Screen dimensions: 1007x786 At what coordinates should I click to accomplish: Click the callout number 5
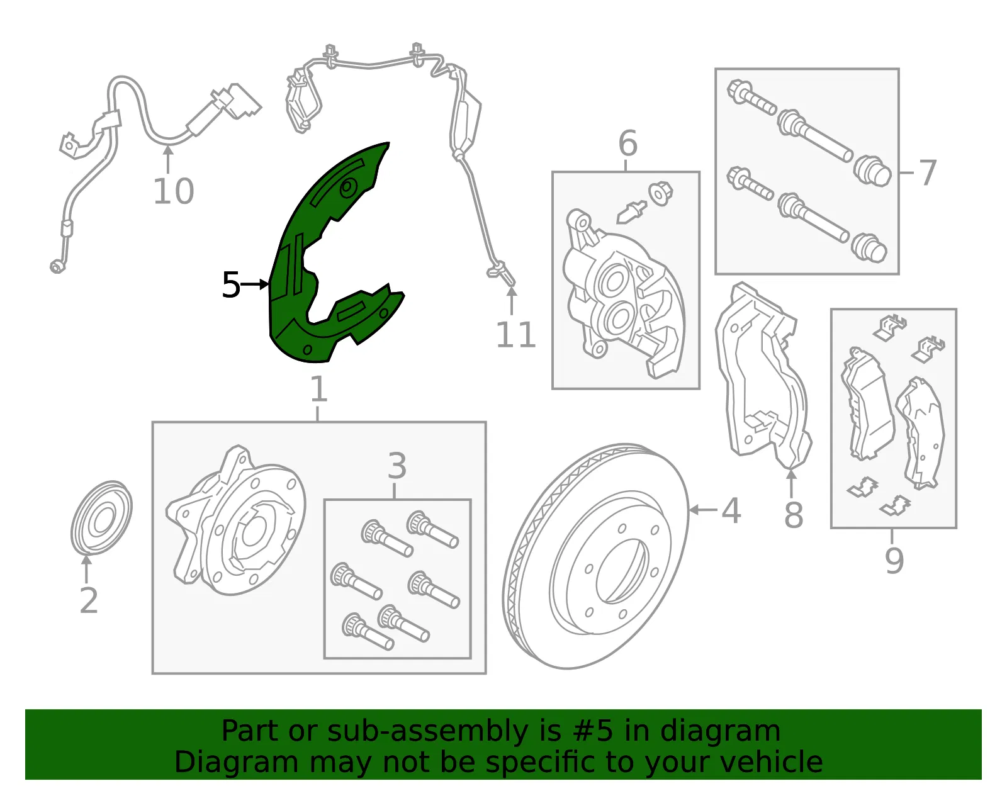point(231,284)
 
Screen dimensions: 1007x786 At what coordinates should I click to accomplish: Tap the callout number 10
point(173,191)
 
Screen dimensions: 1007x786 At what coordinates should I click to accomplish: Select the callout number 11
point(516,334)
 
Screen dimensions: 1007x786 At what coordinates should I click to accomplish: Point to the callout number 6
point(628,143)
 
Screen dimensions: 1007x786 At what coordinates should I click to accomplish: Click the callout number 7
point(927,173)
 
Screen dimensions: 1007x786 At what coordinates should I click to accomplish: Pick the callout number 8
point(794,514)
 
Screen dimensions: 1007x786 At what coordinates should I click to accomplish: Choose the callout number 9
point(894,561)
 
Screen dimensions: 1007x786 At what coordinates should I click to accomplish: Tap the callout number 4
point(731,510)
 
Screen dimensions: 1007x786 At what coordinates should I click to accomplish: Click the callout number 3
point(397,466)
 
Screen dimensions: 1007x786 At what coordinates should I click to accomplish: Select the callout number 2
point(89,600)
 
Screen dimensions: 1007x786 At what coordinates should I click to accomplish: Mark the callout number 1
point(318,389)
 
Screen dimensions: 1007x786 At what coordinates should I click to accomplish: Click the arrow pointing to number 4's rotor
point(704,510)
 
